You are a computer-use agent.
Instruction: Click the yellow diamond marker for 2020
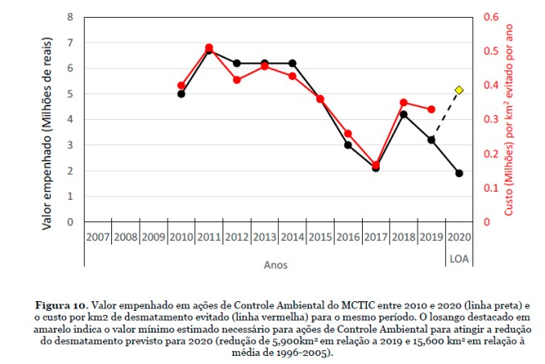(459, 90)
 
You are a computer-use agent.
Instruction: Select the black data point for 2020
(459, 173)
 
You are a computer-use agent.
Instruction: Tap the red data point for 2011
(209, 48)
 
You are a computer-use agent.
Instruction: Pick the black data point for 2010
(181, 93)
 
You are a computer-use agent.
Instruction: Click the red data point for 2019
(431, 110)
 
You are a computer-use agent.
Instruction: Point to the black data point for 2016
(347, 145)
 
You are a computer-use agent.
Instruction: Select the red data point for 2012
(237, 80)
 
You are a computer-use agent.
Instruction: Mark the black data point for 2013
(264, 63)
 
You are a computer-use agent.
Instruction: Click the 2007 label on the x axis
(98, 238)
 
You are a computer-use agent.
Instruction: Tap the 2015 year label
(320, 238)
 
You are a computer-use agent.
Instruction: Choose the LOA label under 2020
(459, 258)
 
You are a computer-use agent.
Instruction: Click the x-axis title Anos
(275, 264)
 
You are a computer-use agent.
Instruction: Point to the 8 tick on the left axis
(70, 17)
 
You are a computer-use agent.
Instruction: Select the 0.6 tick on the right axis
(491, 17)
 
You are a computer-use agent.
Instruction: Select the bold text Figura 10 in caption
(63, 307)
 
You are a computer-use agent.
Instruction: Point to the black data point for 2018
(403, 114)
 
